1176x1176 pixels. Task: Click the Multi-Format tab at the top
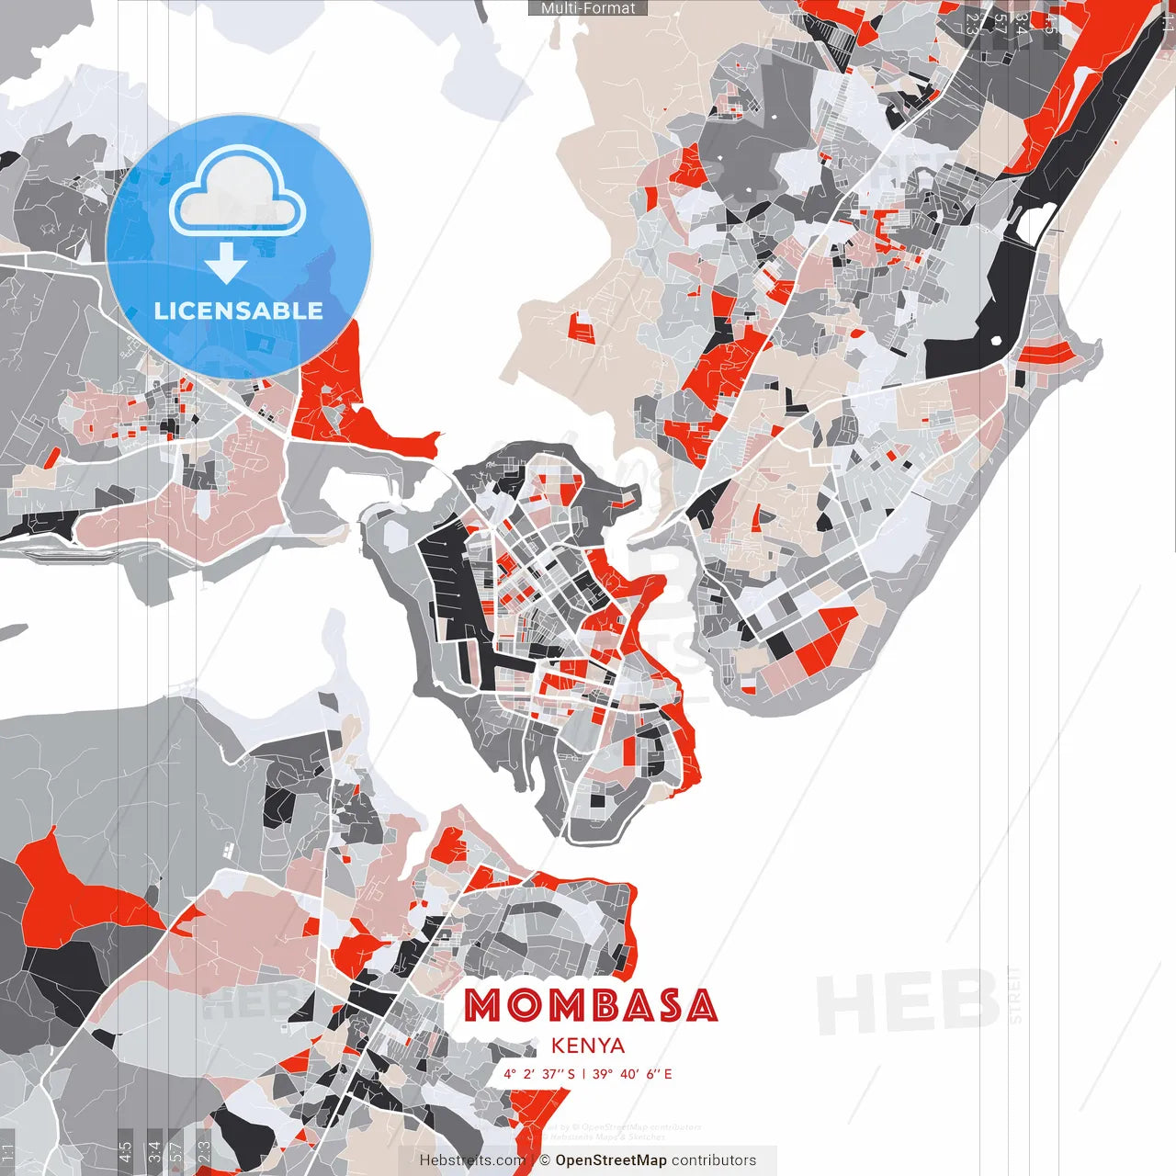click(588, 8)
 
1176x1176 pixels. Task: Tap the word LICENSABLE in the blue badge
click(239, 311)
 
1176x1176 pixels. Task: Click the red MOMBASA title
click(590, 1006)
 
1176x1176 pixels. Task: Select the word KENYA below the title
click(588, 1046)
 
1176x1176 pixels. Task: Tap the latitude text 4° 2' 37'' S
click(538, 1074)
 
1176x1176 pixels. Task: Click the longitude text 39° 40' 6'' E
click(633, 1074)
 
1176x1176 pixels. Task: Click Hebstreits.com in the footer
click(472, 1160)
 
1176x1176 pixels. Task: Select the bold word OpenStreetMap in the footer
click(610, 1160)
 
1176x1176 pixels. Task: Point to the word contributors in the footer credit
click(714, 1160)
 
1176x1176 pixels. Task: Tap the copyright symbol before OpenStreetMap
click(545, 1160)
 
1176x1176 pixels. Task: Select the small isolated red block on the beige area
click(582, 326)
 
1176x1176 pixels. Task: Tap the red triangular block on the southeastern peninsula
click(824, 640)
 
